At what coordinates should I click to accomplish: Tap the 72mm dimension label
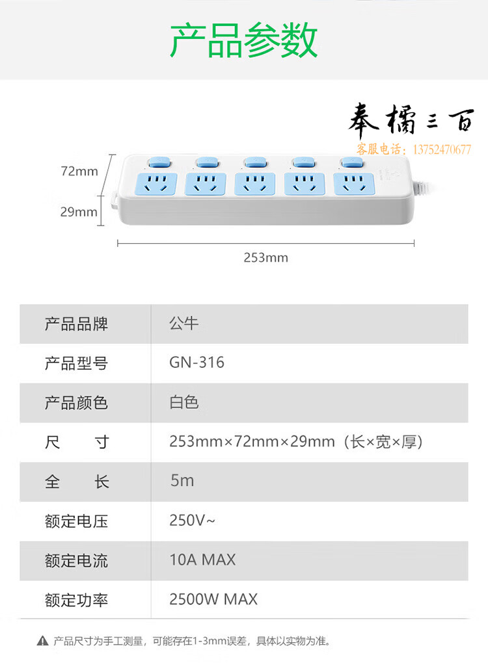[x=79, y=171]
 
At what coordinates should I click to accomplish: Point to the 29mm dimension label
[x=79, y=212]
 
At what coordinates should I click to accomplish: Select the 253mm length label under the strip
[x=265, y=257]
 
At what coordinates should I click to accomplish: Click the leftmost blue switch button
[x=159, y=162]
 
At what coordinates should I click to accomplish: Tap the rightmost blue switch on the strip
[x=353, y=162]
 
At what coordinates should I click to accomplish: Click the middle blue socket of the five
[x=255, y=184]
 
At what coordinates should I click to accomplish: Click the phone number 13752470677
[x=442, y=149]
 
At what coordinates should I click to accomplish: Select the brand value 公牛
[x=183, y=323]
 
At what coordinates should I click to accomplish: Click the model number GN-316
[x=197, y=363]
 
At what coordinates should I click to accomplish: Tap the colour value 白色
[x=183, y=402]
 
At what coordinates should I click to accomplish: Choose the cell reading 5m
[x=182, y=481]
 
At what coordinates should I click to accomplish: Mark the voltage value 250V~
[x=192, y=521]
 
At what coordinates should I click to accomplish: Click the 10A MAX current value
[x=202, y=560]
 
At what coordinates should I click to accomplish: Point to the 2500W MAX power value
[x=213, y=599]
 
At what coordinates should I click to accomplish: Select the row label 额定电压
[x=76, y=521]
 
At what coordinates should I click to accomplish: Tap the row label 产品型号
[x=76, y=363]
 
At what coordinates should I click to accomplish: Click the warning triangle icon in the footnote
[x=42, y=641]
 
